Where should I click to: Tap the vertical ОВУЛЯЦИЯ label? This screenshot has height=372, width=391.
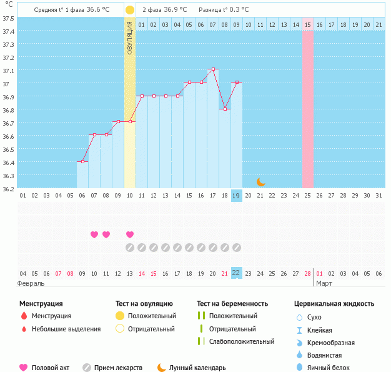130,38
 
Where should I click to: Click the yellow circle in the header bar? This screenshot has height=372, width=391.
130,10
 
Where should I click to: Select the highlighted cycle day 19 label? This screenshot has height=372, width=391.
236,196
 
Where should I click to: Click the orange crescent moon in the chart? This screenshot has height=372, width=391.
260,182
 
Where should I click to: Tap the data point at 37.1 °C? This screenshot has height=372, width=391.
213,69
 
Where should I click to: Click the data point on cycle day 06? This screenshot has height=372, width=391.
82,161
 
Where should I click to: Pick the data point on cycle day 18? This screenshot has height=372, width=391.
225,109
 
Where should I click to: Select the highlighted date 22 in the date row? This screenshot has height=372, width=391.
236,273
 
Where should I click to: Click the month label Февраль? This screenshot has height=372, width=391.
31,283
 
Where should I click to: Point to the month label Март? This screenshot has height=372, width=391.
324,283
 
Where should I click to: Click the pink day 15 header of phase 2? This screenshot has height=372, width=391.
308,24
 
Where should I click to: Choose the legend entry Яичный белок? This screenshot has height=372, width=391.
333,368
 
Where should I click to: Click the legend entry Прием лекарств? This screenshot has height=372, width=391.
118,368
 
